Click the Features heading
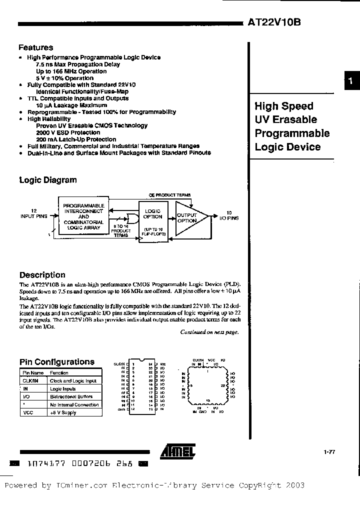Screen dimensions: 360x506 pyautogui.click(x=35, y=47)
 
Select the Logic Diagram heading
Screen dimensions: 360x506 pyautogui.click(x=48, y=180)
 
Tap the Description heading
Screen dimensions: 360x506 pyautogui.click(x=42, y=274)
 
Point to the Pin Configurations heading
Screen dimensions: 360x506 pyautogui.click(x=56, y=361)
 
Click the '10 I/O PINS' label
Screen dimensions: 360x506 pyautogui.click(x=229, y=215)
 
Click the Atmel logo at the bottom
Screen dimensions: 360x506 pyautogui.click(x=177, y=451)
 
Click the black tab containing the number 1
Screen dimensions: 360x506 pyautogui.click(x=351, y=81)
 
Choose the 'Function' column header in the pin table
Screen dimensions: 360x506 pyautogui.click(x=59, y=373)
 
